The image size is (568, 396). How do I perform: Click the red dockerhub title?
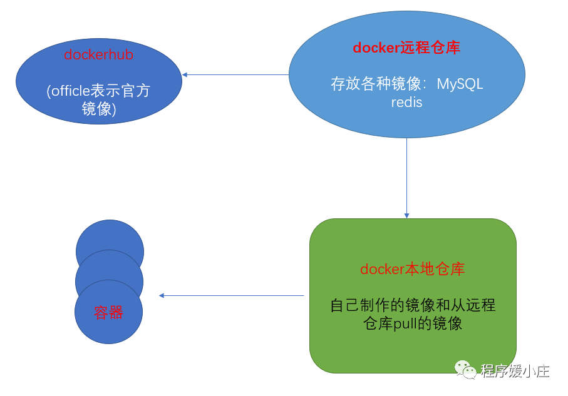(98, 55)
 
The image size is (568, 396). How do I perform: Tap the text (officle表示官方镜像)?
(98, 99)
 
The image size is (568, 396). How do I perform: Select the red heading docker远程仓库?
(406, 48)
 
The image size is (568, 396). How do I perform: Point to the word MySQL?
(460, 84)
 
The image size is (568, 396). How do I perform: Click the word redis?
(406, 102)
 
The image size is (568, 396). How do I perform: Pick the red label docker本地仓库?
(412, 270)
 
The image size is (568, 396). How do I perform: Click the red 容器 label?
(108, 313)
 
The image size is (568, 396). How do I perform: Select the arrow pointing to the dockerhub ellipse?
(235, 75)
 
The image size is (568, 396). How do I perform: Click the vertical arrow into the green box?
(406, 178)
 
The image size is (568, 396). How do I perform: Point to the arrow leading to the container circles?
(231, 295)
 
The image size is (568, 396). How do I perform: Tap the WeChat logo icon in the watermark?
(465, 370)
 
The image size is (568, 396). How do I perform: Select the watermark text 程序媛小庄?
(515, 370)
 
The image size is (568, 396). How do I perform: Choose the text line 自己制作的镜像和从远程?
(413, 305)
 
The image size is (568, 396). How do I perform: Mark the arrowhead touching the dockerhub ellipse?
(185, 75)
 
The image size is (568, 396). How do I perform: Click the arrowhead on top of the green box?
(406, 215)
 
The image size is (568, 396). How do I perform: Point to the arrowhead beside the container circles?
(162, 295)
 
